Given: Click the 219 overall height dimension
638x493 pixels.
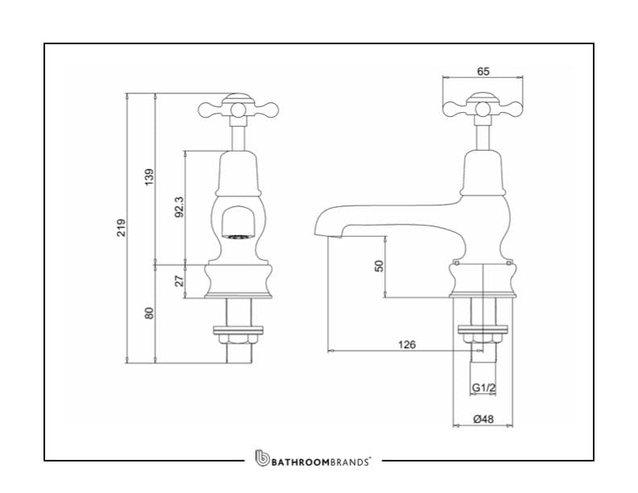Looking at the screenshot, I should click(x=121, y=228).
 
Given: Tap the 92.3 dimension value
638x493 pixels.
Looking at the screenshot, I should click(x=179, y=207).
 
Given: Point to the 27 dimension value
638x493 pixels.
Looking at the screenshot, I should click(x=179, y=281).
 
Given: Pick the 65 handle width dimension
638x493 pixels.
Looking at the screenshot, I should click(x=483, y=72).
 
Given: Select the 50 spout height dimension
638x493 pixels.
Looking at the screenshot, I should click(x=379, y=266).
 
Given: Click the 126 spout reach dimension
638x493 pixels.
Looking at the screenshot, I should click(x=407, y=345).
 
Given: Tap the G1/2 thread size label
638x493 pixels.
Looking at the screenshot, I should click(x=483, y=388).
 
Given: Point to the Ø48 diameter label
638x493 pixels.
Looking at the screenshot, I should click(x=483, y=419).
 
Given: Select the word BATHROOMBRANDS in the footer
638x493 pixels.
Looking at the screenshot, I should click(x=321, y=462).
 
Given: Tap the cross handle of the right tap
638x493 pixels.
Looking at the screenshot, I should click(x=483, y=106).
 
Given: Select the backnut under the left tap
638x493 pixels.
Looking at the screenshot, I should click(x=237, y=329).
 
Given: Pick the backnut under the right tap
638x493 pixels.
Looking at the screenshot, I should click(x=483, y=329).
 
